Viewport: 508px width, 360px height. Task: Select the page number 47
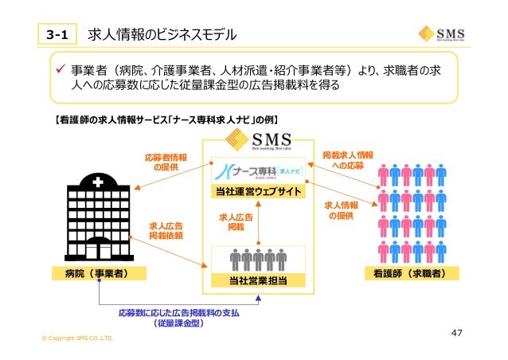(457, 332)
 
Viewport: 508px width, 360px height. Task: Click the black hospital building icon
(96, 218)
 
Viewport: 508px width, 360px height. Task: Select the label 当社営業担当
(257, 280)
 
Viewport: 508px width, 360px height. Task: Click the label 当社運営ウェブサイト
(257, 193)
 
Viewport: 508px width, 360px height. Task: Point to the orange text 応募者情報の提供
(166, 162)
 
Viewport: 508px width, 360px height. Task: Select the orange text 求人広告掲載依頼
(166, 230)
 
